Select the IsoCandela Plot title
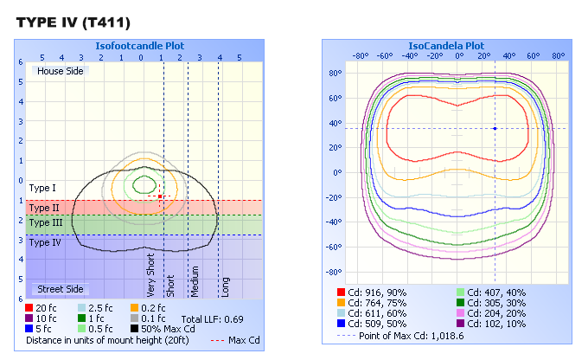pos(446,45)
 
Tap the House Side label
pos(61,71)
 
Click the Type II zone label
pos(44,208)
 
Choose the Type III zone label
pos(46,223)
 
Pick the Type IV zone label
pos(45,243)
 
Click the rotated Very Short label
pos(151,275)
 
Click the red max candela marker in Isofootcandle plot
pos(160,196)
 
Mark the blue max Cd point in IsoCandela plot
pos(495,128)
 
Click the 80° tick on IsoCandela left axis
pos(336,73)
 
